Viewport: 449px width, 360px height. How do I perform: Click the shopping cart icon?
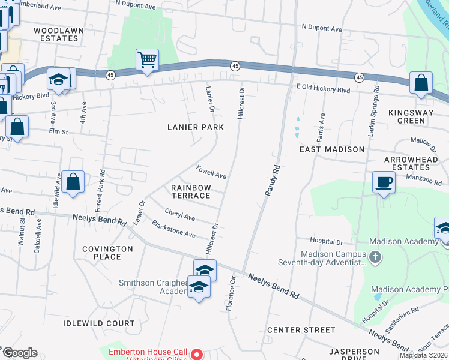pos(147,60)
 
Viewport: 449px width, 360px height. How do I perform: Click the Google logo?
pos(20,352)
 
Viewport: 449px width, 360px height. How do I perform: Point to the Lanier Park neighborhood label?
pos(195,127)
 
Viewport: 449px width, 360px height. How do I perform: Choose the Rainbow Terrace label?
pos(191,192)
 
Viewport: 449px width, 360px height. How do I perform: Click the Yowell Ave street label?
pos(211,172)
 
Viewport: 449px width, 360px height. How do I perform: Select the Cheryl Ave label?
pos(180,215)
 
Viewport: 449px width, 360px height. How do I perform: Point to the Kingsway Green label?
pos(415,116)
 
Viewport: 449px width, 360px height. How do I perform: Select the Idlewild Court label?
pos(99,323)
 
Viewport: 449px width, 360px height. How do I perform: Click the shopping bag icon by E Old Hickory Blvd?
pos(421,83)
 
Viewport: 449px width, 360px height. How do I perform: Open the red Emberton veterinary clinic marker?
pos(196,355)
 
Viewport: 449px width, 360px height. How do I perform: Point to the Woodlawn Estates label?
pos(56,34)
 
